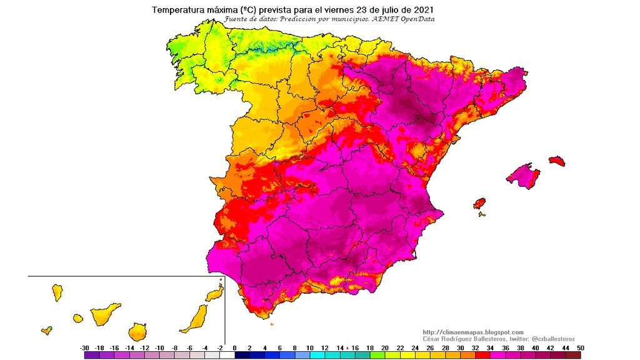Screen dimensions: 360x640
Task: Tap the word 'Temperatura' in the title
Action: [179, 10]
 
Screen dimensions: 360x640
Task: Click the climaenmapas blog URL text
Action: [473, 332]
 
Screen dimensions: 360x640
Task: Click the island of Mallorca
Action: [523, 176]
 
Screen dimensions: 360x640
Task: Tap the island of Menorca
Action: [557, 161]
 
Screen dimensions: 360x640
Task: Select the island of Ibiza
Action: [479, 204]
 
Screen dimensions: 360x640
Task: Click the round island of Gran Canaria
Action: [139, 331]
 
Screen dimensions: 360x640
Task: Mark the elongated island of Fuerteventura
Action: [195, 318]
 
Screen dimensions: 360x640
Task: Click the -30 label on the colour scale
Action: [84, 347]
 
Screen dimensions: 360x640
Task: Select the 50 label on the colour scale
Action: [581, 347]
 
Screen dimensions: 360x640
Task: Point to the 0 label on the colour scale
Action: [234, 347]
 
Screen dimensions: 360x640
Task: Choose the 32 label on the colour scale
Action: [476, 347]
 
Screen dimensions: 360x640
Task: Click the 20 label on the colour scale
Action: [385, 347]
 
